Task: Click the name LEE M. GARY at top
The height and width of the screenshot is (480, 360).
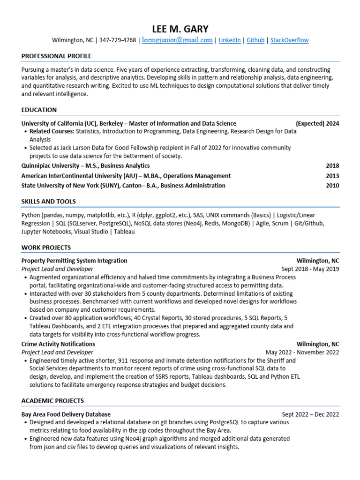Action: coord(180,29)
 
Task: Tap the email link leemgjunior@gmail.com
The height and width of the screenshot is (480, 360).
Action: coord(177,40)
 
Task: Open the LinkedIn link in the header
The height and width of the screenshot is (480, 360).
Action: coord(230,40)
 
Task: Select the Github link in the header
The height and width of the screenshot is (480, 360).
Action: coord(255,40)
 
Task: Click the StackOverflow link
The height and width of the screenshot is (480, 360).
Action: coord(289,40)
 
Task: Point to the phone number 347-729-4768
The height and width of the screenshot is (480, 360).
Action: coord(118,40)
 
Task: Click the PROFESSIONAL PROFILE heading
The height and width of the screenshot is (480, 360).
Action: coord(56,56)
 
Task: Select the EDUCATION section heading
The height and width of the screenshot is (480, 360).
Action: coord(39,110)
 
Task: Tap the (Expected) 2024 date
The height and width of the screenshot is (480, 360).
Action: coord(317,124)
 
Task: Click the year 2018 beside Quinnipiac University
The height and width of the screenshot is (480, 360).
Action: coord(332,166)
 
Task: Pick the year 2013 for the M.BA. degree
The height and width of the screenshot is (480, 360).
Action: coord(332,176)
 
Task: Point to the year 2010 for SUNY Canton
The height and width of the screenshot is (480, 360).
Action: coord(332,186)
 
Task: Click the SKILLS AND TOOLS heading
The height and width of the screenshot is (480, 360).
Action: coord(48,202)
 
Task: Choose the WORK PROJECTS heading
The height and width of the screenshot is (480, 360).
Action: coord(46,247)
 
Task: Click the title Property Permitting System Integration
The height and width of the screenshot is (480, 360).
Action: coord(74,261)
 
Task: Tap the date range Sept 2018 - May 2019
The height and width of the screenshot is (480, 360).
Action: coord(310,269)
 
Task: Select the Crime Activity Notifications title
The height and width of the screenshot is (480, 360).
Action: coord(58,344)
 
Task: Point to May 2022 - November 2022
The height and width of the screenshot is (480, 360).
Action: coord(302,352)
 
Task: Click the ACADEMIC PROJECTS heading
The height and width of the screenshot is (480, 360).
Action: coord(52,401)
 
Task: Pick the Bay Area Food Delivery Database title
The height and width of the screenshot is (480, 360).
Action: coord(66,414)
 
